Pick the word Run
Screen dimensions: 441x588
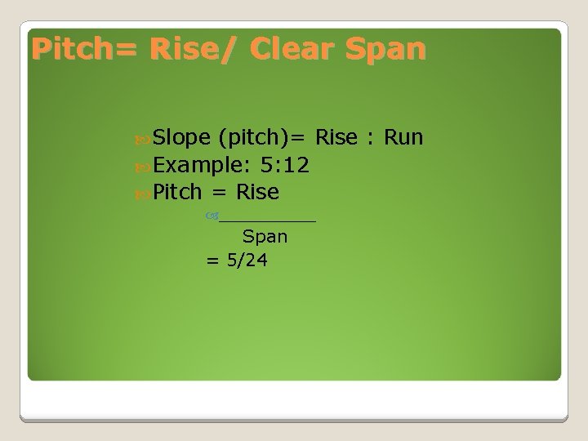click(403, 137)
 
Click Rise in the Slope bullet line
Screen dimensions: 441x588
click(336, 137)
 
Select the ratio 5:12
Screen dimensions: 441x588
click(283, 165)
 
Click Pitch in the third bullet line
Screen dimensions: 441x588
click(177, 193)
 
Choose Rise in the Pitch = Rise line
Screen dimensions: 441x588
click(257, 193)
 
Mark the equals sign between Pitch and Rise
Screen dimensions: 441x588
click(216, 194)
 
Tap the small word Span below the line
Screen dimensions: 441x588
click(265, 238)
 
